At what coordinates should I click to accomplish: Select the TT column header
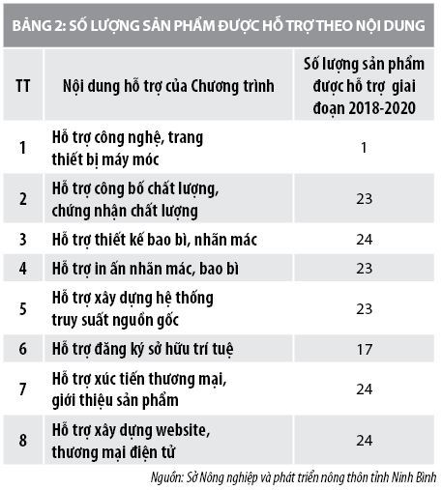tap(22, 86)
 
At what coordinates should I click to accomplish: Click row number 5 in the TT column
tap(22, 309)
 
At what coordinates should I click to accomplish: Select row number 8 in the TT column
tap(22, 439)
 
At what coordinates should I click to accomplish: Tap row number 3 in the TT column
tap(22, 238)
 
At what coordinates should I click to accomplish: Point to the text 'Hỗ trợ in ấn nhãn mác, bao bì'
tap(145, 267)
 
